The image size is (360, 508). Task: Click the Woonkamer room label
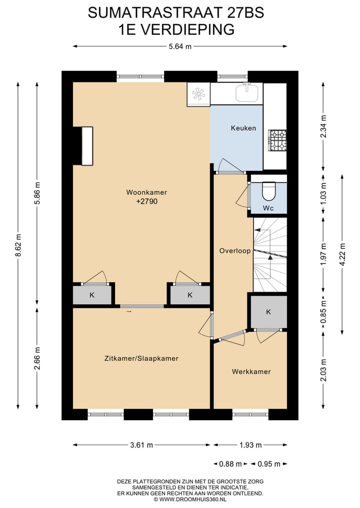pos(146,192)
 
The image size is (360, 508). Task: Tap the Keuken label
pos(243,128)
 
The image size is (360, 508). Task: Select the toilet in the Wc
pos(268,190)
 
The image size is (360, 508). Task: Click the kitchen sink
pos(247,92)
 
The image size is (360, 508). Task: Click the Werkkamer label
pos(251,372)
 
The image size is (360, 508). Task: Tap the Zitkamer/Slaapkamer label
pos(141,358)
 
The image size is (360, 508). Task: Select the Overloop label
pos(234,251)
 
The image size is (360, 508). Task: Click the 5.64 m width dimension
pos(180,47)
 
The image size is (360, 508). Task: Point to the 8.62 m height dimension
pos(18,245)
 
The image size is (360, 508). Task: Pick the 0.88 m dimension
pos(231,464)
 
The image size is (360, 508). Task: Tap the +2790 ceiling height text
pos(147,202)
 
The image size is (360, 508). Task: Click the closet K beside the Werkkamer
pos(268,312)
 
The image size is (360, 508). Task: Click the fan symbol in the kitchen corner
pos(198,94)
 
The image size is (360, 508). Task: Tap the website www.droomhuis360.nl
pos(190,499)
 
